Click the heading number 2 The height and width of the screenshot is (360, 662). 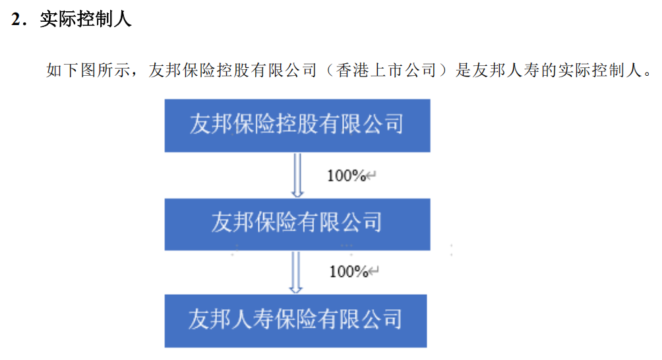point(16,19)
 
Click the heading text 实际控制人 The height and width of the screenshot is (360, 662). point(86,19)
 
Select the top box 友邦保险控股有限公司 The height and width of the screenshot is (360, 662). point(297,125)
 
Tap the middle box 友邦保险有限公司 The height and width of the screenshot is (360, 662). point(297,224)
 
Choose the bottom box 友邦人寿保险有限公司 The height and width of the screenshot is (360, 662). point(295,320)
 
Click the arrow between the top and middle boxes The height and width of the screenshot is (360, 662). point(297,175)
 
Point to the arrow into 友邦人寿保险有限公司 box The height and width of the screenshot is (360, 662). point(295,272)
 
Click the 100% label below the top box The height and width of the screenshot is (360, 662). point(347,175)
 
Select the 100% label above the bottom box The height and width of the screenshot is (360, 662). point(349,272)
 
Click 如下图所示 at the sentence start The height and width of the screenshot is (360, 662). point(88,70)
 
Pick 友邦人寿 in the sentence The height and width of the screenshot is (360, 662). point(506,70)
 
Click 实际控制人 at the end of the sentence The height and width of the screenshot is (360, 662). point(600,70)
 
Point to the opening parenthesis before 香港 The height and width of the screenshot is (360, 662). point(330,70)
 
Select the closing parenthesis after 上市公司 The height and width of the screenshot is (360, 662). point(442,70)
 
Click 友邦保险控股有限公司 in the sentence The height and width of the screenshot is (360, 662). point(232,70)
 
